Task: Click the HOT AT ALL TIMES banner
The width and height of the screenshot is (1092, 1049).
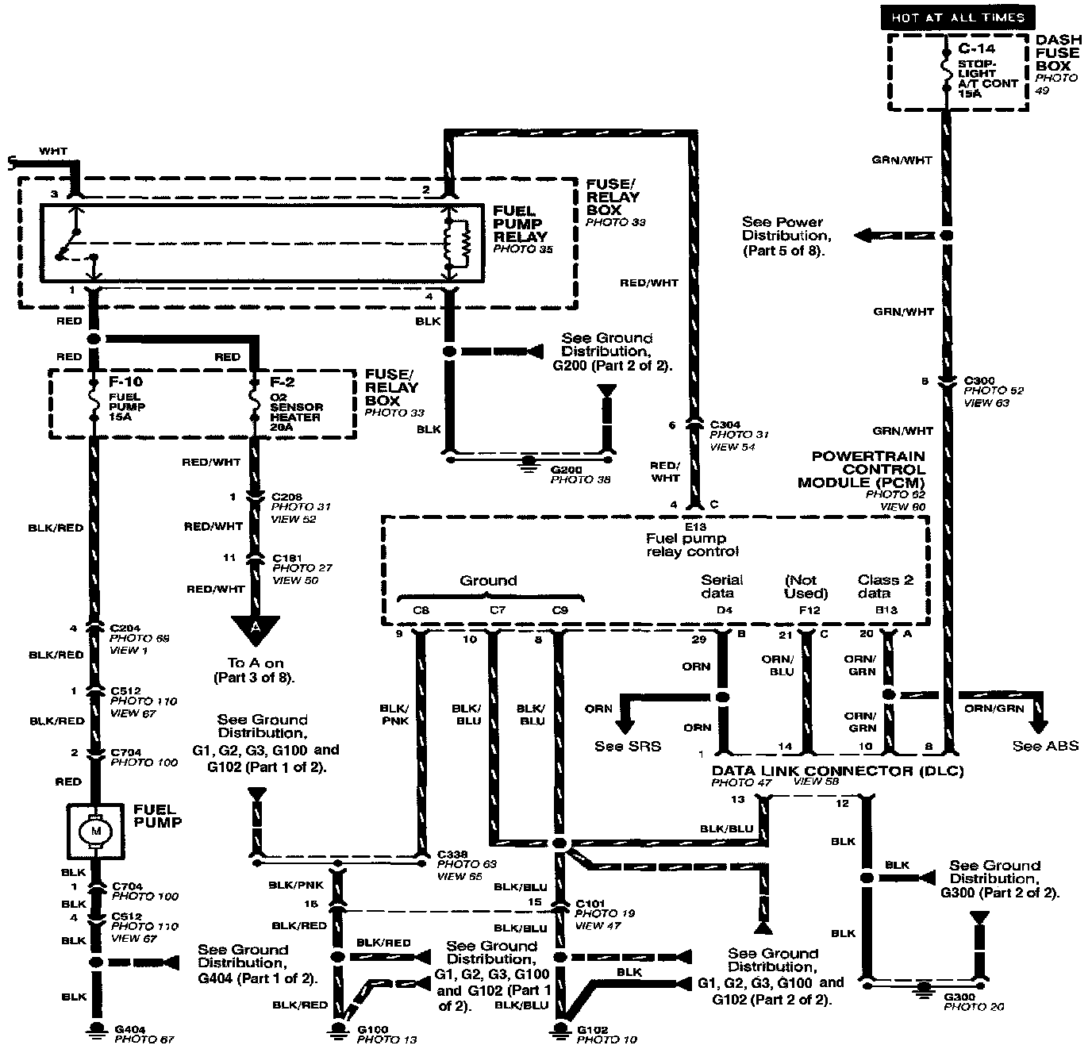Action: tap(957, 17)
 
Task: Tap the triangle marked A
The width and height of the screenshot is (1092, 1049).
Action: tap(255, 626)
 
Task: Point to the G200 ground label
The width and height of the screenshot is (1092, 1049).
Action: tap(566, 470)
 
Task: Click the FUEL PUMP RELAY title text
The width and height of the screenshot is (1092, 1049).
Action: tap(520, 224)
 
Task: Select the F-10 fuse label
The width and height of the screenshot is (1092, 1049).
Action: tap(122, 382)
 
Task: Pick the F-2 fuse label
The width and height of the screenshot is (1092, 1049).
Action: tap(282, 382)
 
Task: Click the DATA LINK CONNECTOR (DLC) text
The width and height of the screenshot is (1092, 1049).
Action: tap(837, 770)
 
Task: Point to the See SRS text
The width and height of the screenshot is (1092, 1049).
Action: tap(627, 746)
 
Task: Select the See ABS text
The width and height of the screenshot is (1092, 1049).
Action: tap(1045, 746)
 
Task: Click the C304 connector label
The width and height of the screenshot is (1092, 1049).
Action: tap(725, 425)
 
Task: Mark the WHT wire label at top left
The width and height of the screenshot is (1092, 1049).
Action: tap(53, 151)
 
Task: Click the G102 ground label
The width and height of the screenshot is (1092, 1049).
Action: tap(593, 1030)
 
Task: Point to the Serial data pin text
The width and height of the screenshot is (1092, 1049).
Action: tap(721, 586)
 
